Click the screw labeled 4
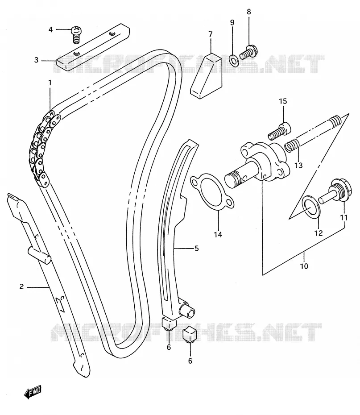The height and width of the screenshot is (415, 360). pos(76,35)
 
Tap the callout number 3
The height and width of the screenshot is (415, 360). pos(37,60)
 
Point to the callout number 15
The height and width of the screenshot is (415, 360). pos(283,101)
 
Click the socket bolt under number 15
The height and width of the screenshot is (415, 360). pos(279,132)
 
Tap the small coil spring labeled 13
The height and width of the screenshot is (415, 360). pos(292,146)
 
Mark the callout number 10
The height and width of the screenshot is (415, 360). pos(304,266)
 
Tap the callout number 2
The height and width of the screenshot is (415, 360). pos(22,286)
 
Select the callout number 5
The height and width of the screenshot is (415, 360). pos(197,248)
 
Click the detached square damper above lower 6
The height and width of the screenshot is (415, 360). pos(190,334)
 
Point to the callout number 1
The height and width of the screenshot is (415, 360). pos(50,83)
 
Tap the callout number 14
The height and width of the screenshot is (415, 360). pos(218,234)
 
